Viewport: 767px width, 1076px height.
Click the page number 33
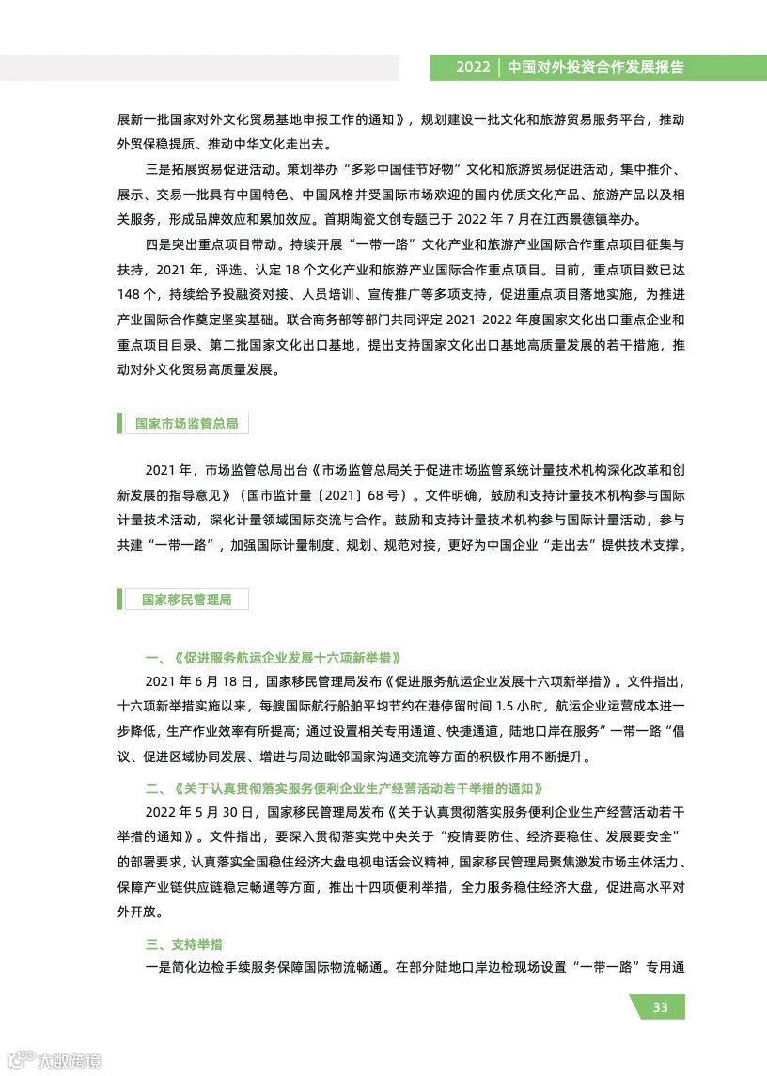(660, 1007)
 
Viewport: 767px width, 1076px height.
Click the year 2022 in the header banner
(473, 68)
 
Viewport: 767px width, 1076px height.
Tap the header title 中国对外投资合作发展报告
(595, 68)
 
